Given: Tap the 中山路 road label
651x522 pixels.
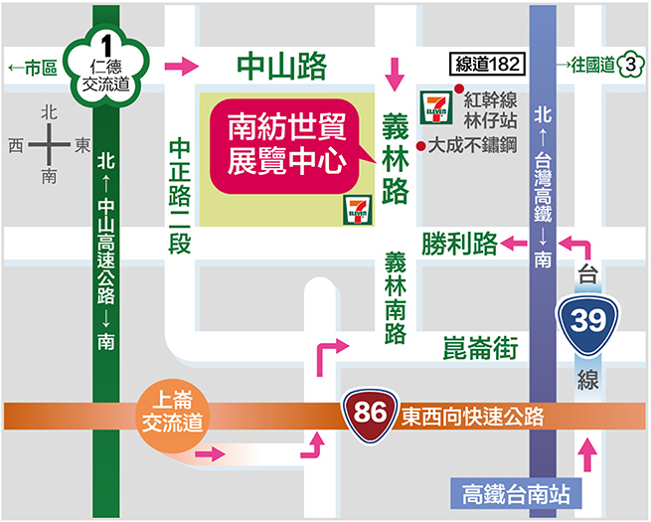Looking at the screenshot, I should [282, 67].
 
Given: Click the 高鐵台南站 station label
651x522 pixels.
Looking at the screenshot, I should [513, 492].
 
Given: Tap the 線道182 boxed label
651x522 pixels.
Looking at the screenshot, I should [486, 64].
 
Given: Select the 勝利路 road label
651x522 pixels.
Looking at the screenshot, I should [458, 243].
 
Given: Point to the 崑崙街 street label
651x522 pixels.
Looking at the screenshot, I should [482, 347].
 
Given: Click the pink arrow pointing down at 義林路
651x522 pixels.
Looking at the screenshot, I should [397, 73].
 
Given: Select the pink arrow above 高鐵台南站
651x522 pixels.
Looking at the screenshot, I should [588, 458].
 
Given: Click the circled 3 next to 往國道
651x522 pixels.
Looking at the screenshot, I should [628, 66].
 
